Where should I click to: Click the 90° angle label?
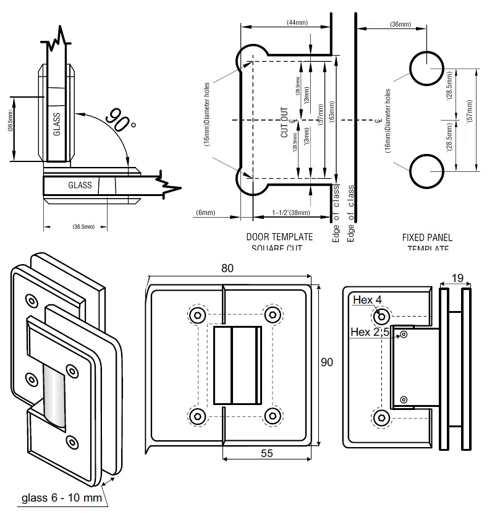tap(120, 119)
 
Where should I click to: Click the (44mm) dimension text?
tap(297, 23)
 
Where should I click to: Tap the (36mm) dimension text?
tap(400, 25)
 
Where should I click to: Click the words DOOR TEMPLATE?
tap(279, 237)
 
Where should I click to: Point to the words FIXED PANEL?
tap(427, 237)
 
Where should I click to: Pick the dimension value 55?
tap(266, 453)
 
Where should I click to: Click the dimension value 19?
tap(457, 278)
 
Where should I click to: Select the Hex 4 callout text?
tap(367, 300)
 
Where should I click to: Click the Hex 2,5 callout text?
tap(370, 332)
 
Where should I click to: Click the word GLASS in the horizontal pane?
tap(80, 185)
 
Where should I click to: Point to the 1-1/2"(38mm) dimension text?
tap(290, 213)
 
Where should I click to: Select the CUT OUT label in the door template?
tap(285, 122)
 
